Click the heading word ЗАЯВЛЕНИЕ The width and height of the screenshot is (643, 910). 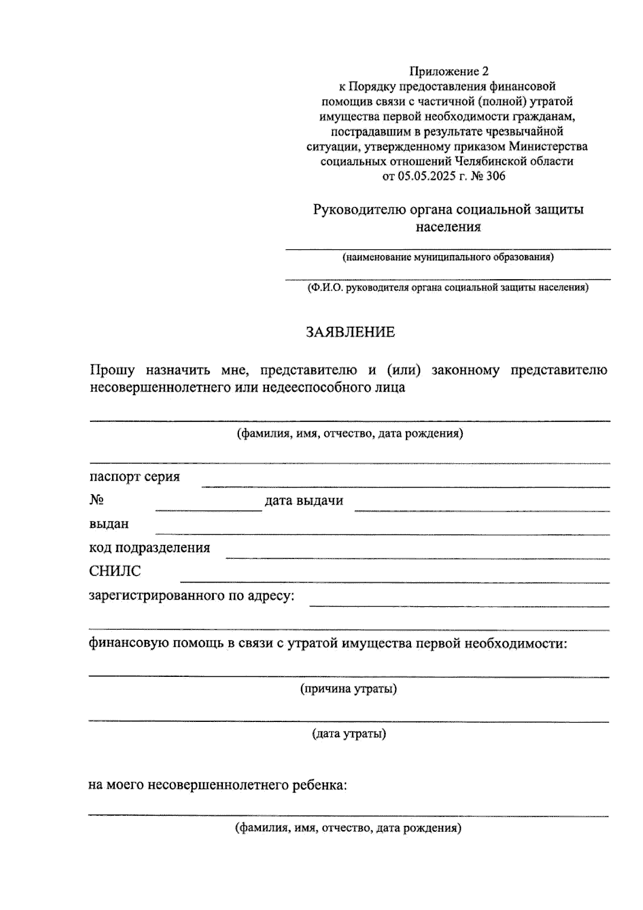pyautogui.click(x=350, y=332)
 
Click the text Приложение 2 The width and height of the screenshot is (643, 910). pyautogui.click(x=450, y=71)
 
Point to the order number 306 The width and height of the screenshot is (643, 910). pyautogui.click(x=495, y=176)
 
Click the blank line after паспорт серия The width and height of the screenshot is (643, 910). pyautogui.click(x=405, y=484)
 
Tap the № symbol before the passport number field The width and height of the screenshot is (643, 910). pyautogui.click(x=96, y=501)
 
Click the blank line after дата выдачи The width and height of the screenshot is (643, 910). pyautogui.click(x=482, y=509)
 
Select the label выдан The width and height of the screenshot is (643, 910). pyautogui.click(x=109, y=524)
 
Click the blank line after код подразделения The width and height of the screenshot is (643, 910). pyautogui.click(x=417, y=556)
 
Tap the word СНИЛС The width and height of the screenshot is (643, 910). pyautogui.click(x=115, y=571)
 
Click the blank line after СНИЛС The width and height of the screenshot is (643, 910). pyautogui.click(x=394, y=580)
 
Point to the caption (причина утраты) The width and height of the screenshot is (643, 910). pyautogui.click(x=348, y=689)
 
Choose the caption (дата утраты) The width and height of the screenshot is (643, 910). pyautogui.click(x=349, y=734)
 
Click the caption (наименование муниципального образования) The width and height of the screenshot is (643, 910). pyautogui.click(x=448, y=257)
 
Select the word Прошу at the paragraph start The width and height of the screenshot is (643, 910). pyautogui.click(x=112, y=370)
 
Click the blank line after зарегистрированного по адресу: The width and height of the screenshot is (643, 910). pyautogui.click(x=459, y=604)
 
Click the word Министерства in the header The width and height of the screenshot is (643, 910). pyautogui.click(x=548, y=146)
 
